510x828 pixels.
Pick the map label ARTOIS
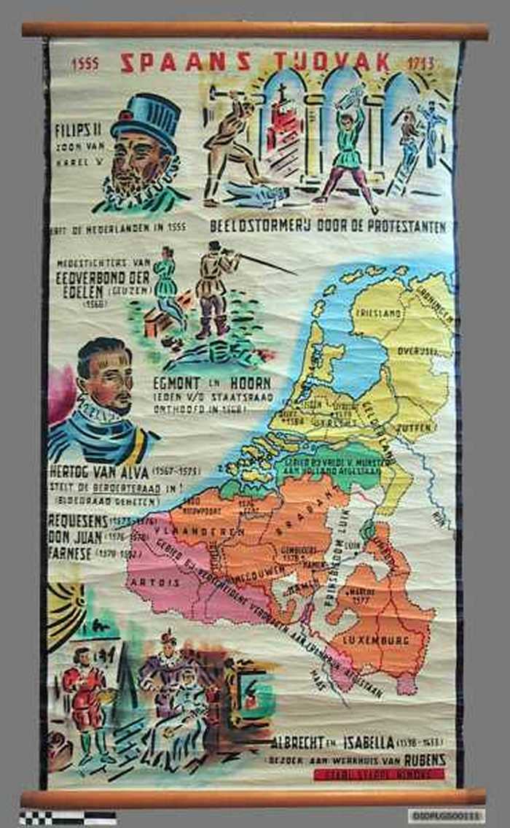154,584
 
